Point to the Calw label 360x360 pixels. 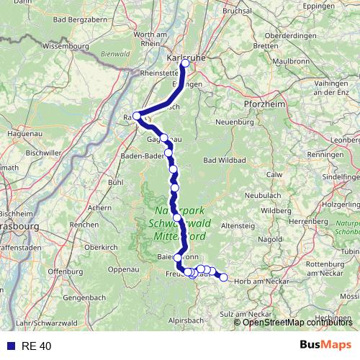click(x=274, y=174)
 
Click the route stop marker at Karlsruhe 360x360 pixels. click(x=186, y=63)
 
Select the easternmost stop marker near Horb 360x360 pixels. click(x=223, y=277)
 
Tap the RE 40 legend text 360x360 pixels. click(x=36, y=346)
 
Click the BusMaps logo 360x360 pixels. click(x=320, y=346)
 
